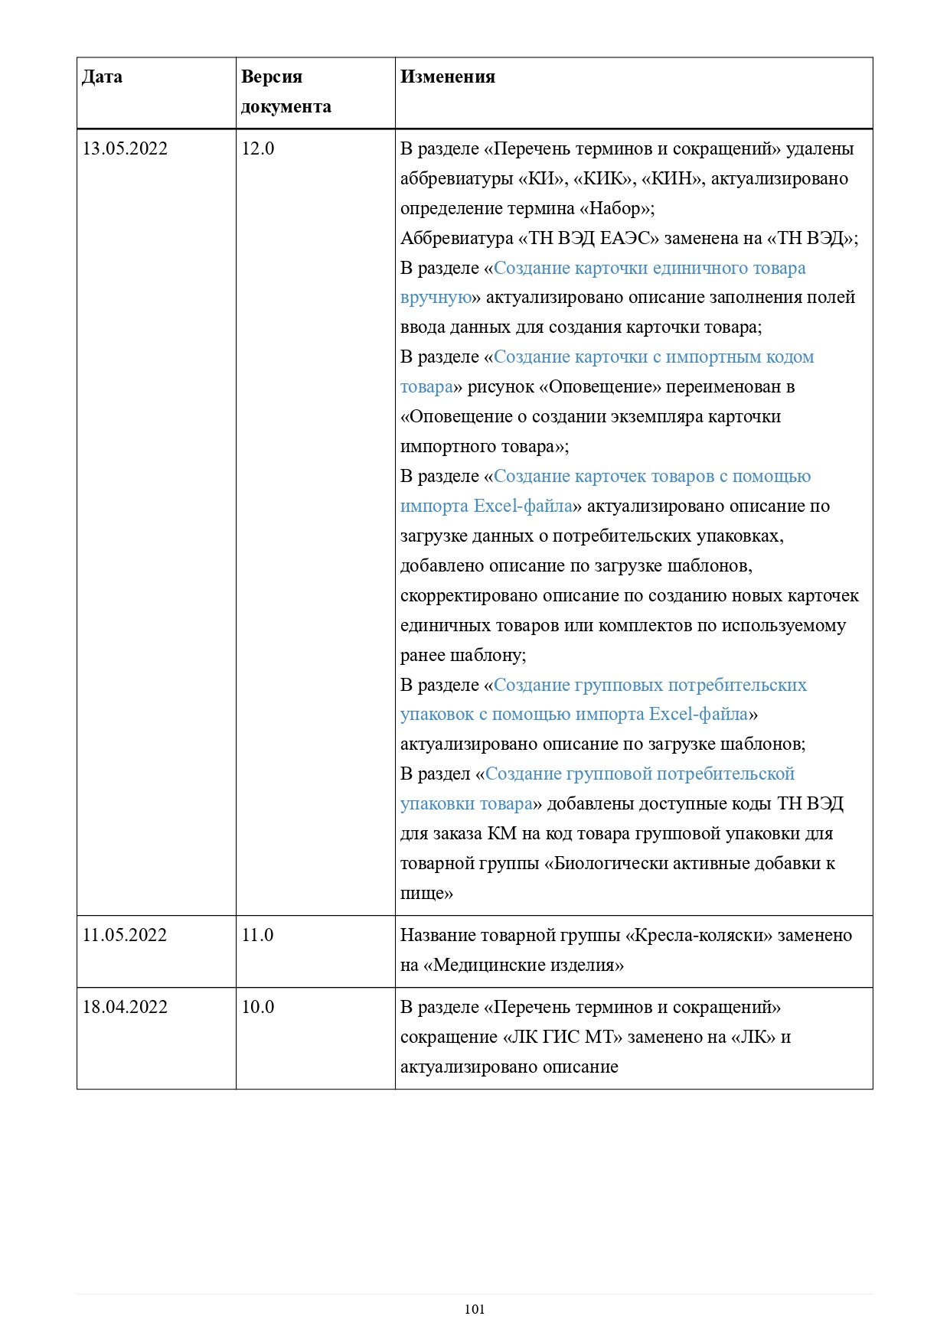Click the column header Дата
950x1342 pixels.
[102, 77]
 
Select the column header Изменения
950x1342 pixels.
[447, 77]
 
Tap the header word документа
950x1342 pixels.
[286, 107]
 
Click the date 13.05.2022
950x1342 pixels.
[125, 149]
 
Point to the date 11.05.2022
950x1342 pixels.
[125, 936]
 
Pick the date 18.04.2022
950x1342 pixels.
[125, 1008]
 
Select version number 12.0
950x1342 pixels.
[257, 149]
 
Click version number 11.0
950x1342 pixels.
[257, 936]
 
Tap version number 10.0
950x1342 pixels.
[257, 1008]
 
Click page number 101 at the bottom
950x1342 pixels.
[475, 1309]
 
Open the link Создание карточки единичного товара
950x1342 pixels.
[649, 269]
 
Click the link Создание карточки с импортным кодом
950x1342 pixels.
[654, 357]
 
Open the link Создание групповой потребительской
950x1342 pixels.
[640, 774]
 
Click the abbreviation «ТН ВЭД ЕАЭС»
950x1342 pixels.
[588, 239]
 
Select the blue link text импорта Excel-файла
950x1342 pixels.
[486, 507]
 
